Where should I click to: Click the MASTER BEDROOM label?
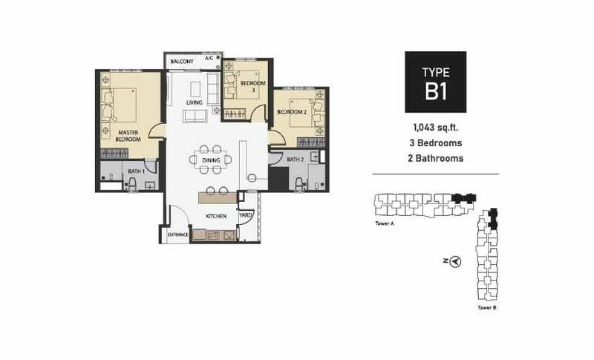click(x=128, y=136)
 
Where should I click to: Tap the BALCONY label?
click(x=182, y=62)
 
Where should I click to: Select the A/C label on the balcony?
click(x=209, y=59)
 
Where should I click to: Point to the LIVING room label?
click(x=195, y=102)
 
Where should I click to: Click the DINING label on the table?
click(x=211, y=160)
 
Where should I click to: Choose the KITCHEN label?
click(x=216, y=216)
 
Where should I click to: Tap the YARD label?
click(x=246, y=215)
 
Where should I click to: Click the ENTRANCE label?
click(x=177, y=235)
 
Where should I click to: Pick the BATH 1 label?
click(x=137, y=171)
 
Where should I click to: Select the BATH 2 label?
click(x=295, y=160)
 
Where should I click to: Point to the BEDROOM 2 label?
click(x=292, y=112)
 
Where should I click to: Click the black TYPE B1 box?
click(x=436, y=82)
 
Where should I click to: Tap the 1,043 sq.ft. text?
click(x=436, y=128)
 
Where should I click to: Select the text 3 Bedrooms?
click(x=436, y=143)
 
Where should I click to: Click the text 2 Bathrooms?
click(x=436, y=158)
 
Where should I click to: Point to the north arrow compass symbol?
click(x=456, y=261)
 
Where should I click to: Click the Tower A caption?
click(x=385, y=223)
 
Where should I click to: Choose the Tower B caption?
click(x=487, y=308)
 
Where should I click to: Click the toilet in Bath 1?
click(x=132, y=184)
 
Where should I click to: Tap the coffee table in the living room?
click(x=195, y=89)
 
